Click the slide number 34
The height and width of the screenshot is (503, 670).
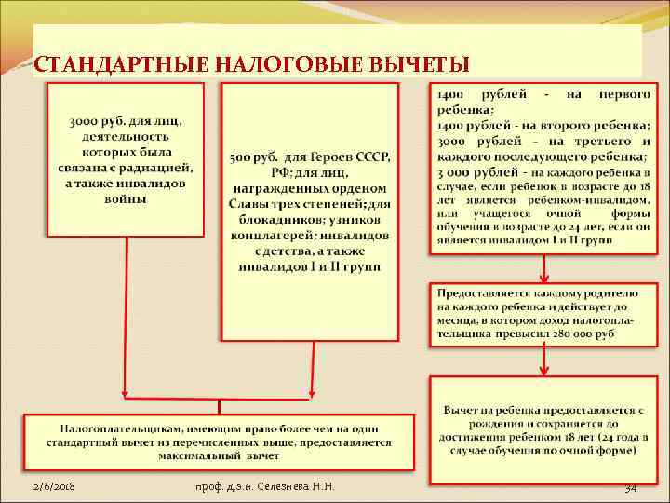pyautogui.click(x=629, y=487)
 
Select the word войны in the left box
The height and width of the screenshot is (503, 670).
pyautogui.click(x=126, y=198)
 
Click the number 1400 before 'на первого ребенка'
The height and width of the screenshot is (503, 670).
pyautogui.click(x=453, y=96)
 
